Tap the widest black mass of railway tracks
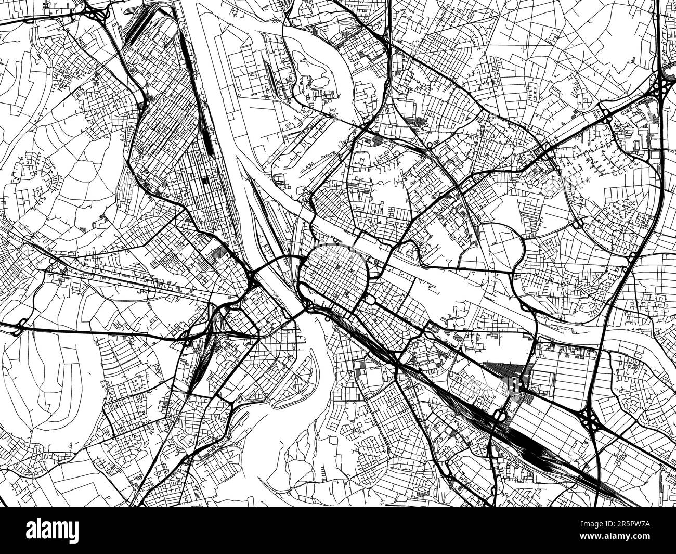(x=536, y=447)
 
